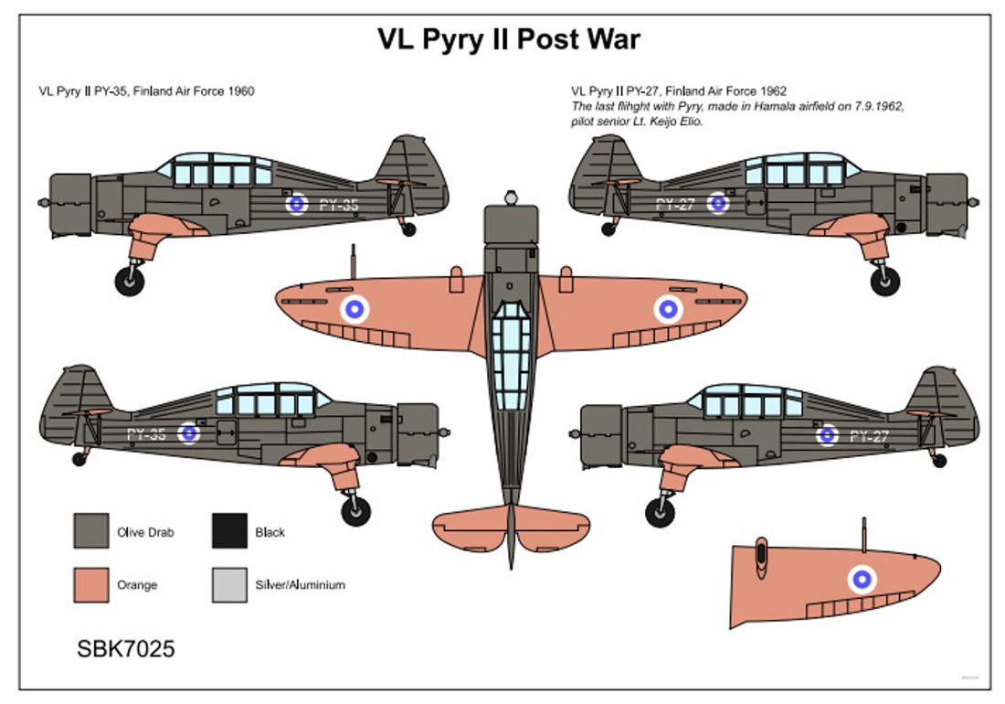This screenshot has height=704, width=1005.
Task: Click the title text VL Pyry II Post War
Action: tap(509, 39)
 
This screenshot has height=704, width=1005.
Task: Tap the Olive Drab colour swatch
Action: tap(90, 531)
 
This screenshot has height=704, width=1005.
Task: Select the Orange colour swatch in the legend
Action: tap(90, 584)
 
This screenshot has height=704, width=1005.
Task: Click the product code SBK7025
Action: tap(126, 649)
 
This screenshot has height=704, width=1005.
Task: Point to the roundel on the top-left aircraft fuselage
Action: tap(297, 204)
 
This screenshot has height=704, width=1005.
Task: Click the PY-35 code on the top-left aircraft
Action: tap(338, 205)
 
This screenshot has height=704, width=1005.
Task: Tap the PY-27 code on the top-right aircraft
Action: tap(675, 203)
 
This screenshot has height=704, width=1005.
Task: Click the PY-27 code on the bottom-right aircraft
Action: tap(868, 436)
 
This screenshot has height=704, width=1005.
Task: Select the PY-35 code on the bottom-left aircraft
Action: tap(146, 434)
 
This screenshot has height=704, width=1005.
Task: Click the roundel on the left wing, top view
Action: tap(355, 310)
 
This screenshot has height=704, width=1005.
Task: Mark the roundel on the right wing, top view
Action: tap(668, 310)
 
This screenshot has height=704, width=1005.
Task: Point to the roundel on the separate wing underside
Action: tap(862, 578)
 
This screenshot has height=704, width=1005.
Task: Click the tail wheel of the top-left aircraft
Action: tap(408, 229)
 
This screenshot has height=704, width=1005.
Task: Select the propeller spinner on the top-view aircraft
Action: tap(511, 197)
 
